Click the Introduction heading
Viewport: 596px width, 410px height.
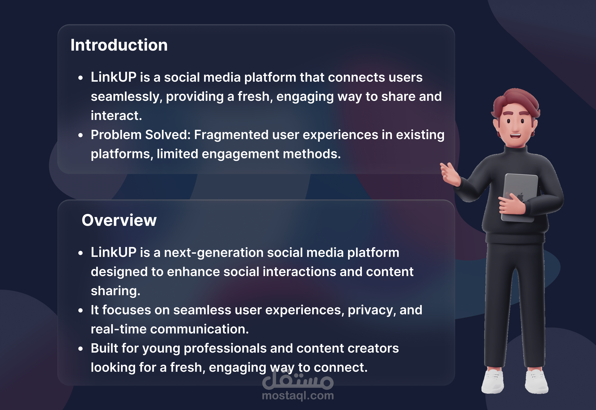click(119, 45)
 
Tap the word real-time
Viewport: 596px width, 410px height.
click(119, 329)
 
